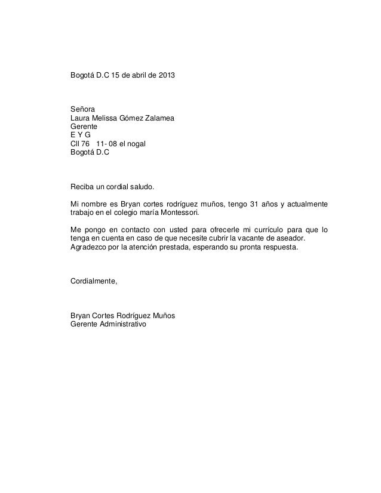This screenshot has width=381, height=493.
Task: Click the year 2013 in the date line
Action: pyautogui.click(x=167, y=77)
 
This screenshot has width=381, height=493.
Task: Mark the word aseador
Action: pyautogui.click(x=288, y=238)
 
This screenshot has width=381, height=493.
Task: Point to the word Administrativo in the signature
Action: pyautogui.click(x=120, y=324)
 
